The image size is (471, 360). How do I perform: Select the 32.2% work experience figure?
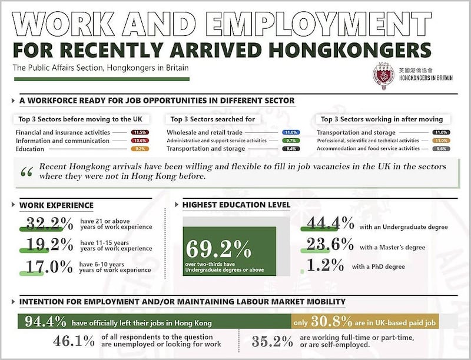pyautogui.click(x=48, y=224)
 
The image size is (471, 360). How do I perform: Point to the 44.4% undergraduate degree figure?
pyautogui.click(x=327, y=224)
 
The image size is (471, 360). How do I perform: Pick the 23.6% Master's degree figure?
pyautogui.click(x=327, y=245)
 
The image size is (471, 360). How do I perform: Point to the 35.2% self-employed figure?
pyautogui.click(x=273, y=341)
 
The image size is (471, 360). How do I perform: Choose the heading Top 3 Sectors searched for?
pyautogui.click(x=213, y=119)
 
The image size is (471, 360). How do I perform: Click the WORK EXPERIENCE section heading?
pyautogui.click(x=56, y=205)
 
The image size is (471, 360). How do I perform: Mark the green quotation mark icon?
pyautogui.click(x=26, y=172)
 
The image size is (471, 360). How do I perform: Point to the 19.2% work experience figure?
pyautogui.click(x=48, y=244)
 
